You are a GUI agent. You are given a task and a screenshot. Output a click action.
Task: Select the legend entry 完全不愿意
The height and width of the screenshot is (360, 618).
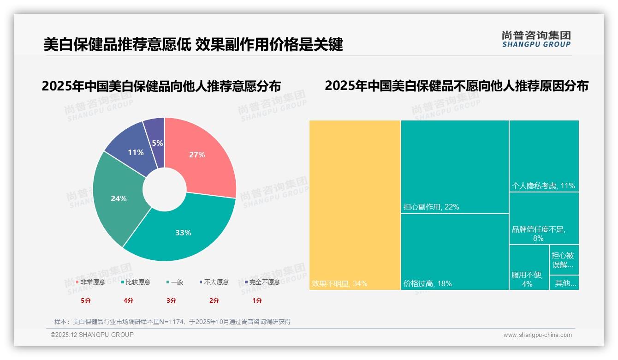tap(264, 282)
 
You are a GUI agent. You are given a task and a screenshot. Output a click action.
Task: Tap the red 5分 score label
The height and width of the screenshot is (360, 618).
tap(86, 300)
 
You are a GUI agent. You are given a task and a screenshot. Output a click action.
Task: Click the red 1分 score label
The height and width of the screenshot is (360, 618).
tap(257, 300)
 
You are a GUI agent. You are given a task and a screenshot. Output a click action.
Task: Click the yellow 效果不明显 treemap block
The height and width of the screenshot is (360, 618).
tap(355, 205)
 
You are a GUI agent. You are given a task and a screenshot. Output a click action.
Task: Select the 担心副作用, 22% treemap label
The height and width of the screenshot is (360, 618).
tap(431, 207)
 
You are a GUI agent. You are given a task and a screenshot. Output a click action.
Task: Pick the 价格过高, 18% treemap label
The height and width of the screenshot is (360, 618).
tap(428, 283)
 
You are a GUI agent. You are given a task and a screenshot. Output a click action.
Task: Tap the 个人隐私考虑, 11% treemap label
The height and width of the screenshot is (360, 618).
tap(543, 186)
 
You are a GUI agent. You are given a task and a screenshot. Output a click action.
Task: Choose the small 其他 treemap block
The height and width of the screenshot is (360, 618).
tap(565, 283)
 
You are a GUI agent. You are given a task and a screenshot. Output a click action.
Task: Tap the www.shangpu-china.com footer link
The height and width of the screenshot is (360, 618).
tap(537, 335)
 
